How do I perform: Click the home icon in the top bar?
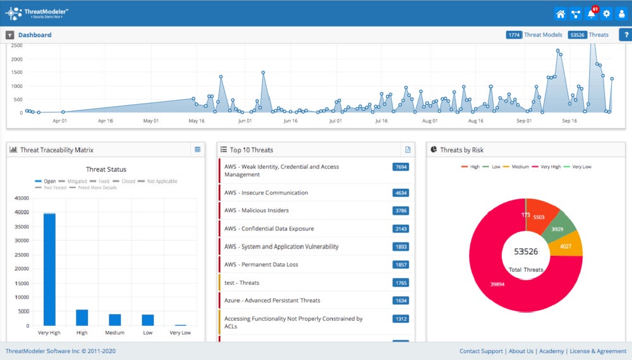pos(560,14)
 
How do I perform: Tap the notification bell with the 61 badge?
pos(591,14)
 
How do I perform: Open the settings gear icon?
pos(607,14)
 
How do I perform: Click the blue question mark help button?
pos(625,35)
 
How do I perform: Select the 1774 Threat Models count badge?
pos(514,35)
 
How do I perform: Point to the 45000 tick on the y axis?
pos(21,198)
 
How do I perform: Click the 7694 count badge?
pos(400,167)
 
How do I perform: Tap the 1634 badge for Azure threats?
pos(400,301)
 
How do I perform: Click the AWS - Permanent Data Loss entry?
pos(261,265)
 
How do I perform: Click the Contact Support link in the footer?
pos(481,351)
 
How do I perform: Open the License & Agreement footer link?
pos(599,351)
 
